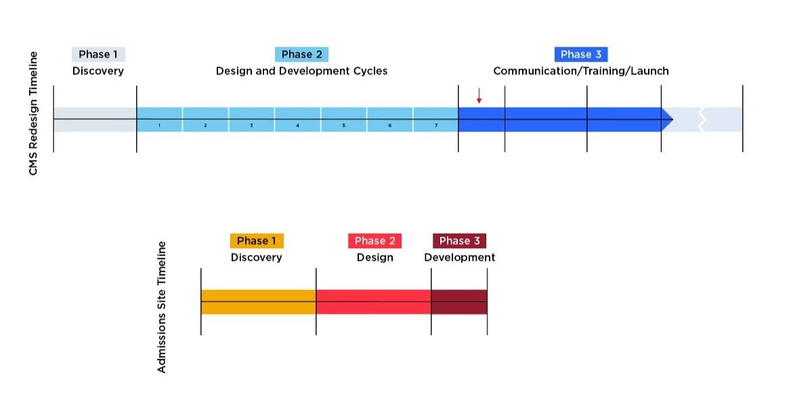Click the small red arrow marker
tap(479, 96)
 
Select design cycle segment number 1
tap(159, 119)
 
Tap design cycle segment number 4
tap(297, 119)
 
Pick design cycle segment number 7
tap(435, 119)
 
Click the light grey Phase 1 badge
tap(98, 54)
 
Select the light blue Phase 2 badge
tap(301, 54)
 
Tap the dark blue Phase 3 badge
tap(580, 54)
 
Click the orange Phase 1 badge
tap(257, 241)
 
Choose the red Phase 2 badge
tap(375, 241)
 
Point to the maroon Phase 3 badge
tap(459, 241)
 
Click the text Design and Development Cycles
tap(301, 71)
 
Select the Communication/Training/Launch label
tap(580, 71)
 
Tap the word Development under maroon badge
tap(459, 258)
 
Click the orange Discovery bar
tap(258, 302)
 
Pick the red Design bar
tap(373, 302)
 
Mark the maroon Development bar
tap(458, 302)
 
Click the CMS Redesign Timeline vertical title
tap(33, 113)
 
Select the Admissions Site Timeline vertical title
tap(161, 306)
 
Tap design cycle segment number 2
tap(205, 119)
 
